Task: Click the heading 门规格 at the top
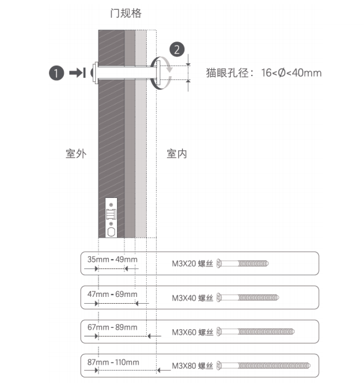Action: [x=126, y=13]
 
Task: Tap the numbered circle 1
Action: [x=56, y=73]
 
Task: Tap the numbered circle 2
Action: [x=177, y=49]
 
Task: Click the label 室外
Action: [x=76, y=154]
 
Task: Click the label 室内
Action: [x=176, y=154]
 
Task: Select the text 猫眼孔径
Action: [x=227, y=73]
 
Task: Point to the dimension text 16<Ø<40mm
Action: [x=292, y=73]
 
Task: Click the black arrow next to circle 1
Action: [x=77, y=73]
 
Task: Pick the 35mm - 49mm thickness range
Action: [x=112, y=259]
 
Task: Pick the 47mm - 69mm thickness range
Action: [x=112, y=294]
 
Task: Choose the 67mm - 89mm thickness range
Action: [x=112, y=327]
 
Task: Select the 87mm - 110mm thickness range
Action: [x=113, y=362]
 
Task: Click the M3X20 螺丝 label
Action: [x=193, y=264]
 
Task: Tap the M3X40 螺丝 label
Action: [x=193, y=298]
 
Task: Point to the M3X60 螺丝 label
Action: [x=193, y=332]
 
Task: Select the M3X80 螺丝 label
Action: [x=193, y=366]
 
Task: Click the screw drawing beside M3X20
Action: [x=243, y=264]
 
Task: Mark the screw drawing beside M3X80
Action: [x=264, y=366]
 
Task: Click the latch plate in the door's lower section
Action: [x=111, y=218]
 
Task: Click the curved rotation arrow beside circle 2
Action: [x=170, y=65]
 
